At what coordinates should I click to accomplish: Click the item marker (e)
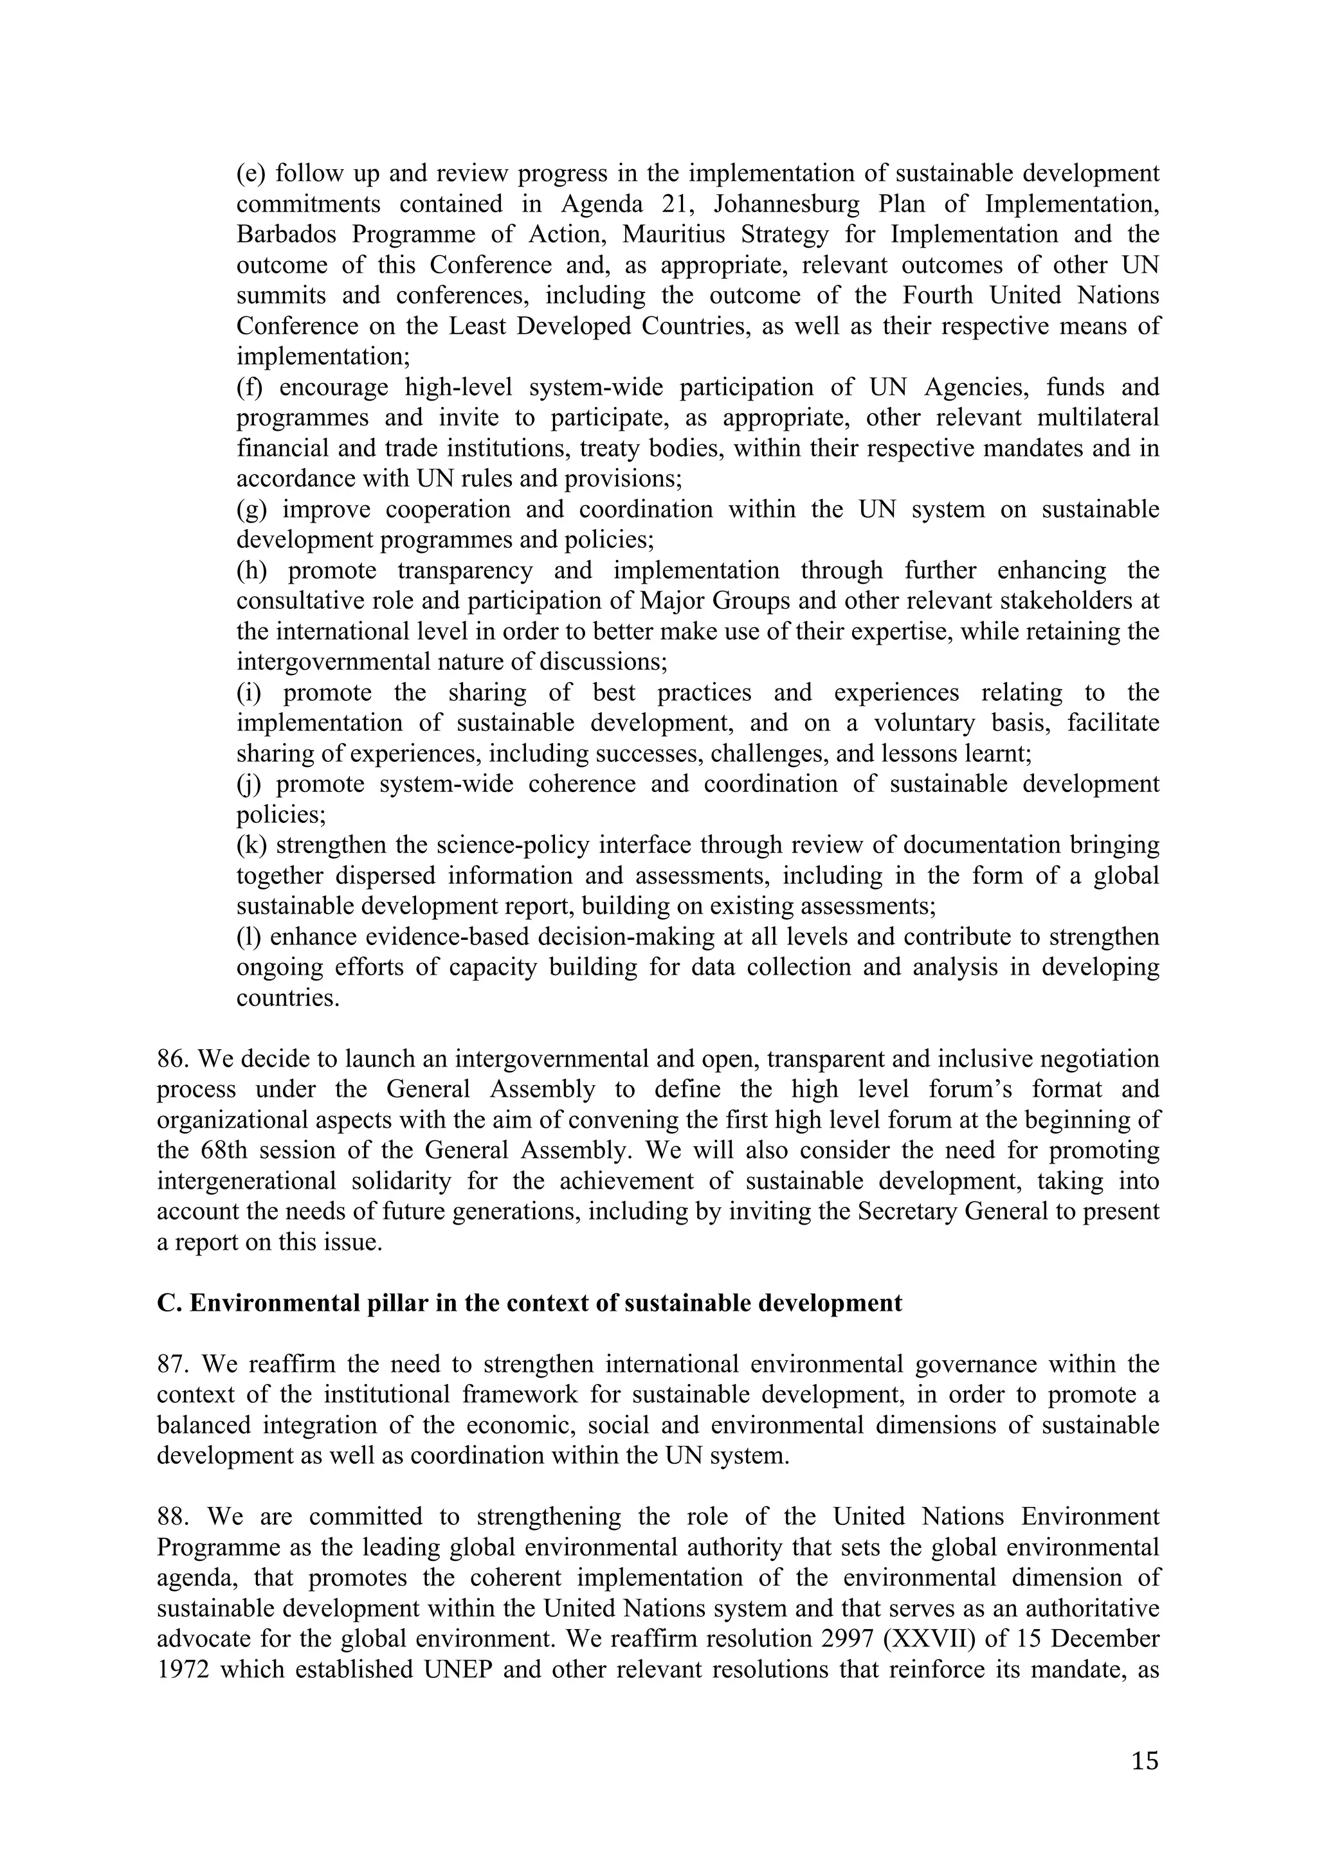tap(251, 174)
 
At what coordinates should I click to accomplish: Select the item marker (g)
tap(252, 510)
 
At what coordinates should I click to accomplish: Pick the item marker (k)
tap(252, 845)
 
